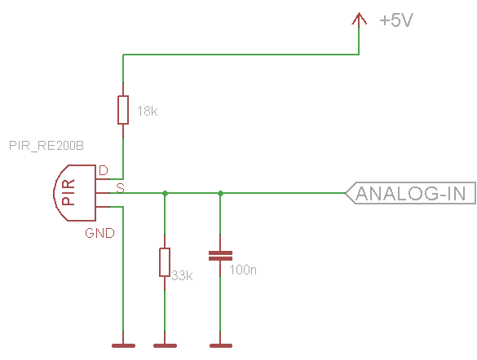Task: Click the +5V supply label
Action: [x=396, y=20]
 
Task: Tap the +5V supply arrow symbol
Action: [x=359, y=19]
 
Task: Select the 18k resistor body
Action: [x=123, y=110]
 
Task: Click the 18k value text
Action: [x=148, y=112]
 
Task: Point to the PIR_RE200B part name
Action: [x=46, y=146]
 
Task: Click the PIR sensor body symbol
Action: [x=75, y=193]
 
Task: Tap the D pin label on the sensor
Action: [x=104, y=170]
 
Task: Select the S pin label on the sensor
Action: [x=121, y=188]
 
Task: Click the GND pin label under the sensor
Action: [x=99, y=233]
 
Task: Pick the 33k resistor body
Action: [x=165, y=262]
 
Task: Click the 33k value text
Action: [x=182, y=275]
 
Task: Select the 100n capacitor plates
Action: [x=220, y=256]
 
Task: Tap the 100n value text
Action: [x=243, y=270]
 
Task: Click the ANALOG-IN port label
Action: [x=411, y=193]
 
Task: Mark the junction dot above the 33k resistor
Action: [x=165, y=193]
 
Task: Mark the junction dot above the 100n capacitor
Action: [x=220, y=193]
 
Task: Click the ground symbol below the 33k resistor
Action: [x=165, y=345]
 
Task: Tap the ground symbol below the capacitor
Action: [x=221, y=345]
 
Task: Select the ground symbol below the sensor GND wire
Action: [x=123, y=345]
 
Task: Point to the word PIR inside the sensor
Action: [x=68, y=192]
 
